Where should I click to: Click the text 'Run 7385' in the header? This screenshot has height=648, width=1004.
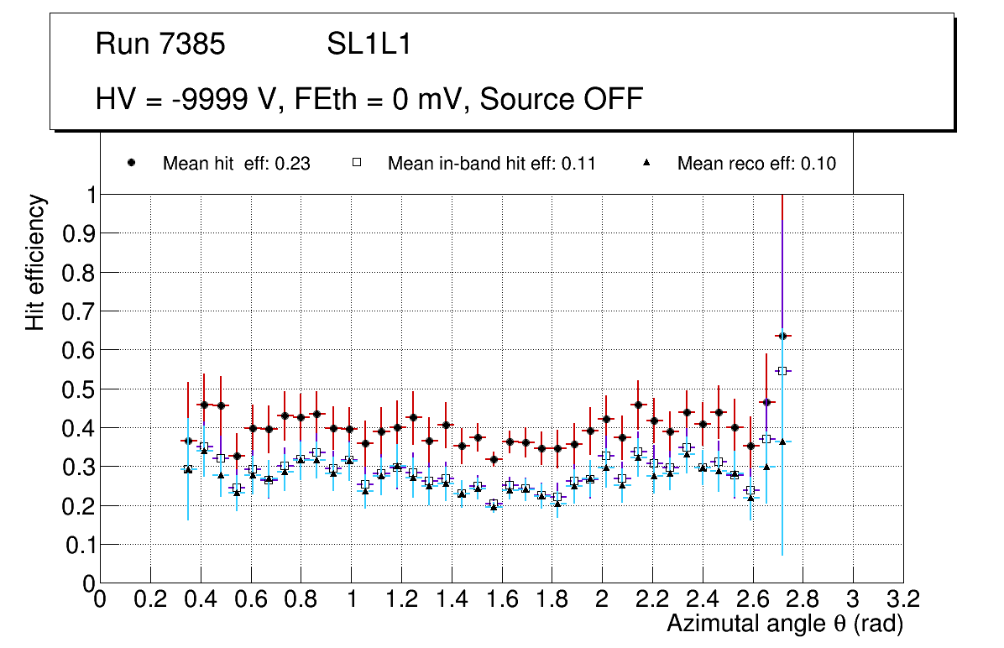point(160,44)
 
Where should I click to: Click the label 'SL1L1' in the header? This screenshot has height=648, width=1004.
point(369,44)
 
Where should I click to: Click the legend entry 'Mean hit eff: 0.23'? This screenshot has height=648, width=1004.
point(236,164)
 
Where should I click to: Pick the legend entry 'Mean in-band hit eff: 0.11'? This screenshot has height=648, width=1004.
point(491,164)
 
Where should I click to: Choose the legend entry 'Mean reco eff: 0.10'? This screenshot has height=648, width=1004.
point(756,164)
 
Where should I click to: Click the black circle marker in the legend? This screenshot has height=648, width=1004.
point(132,164)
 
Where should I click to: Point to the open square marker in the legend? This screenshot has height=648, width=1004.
point(356,164)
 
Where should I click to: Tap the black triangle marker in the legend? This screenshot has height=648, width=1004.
point(646,164)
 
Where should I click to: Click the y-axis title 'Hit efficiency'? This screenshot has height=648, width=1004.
point(35,262)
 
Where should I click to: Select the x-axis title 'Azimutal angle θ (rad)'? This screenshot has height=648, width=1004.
point(785,624)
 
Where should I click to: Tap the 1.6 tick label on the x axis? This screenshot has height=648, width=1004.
point(501,600)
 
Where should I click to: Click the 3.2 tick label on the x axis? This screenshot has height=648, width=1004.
point(903,600)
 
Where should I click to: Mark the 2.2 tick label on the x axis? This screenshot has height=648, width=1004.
point(652,600)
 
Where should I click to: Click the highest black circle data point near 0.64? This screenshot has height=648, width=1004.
point(782,336)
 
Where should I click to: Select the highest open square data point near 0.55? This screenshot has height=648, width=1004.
point(782,371)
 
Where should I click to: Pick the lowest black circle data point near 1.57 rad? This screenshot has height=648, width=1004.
point(494,459)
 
